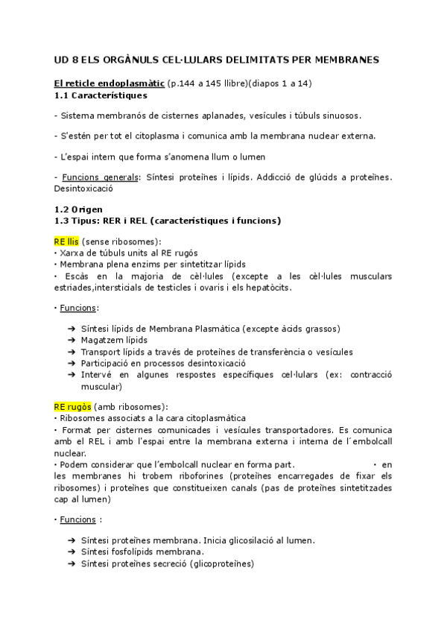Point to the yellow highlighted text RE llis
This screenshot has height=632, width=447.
[66, 242]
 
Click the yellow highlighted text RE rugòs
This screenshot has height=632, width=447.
[72, 408]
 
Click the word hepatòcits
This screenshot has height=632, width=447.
[269, 288]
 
